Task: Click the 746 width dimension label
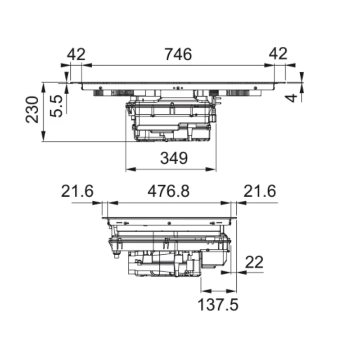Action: [x=178, y=54]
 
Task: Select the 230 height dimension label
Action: [x=32, y=110]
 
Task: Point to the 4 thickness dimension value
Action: [x=293, y=97]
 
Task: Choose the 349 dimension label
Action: [x=174, y=158]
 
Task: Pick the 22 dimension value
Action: [x=253, y=262]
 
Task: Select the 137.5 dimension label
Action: [x=219, y=305]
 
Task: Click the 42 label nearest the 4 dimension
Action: [x=278, y=54]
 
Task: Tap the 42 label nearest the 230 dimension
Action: [x=76, y=54]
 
